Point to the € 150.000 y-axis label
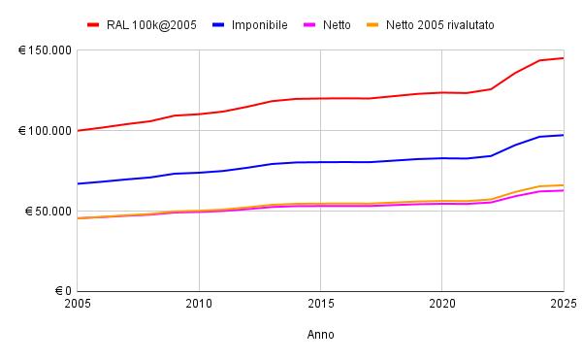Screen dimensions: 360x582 45,50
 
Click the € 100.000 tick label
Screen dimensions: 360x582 45,131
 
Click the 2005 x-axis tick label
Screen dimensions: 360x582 78,305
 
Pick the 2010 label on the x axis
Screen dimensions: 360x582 199,305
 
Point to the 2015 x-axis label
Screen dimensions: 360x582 320,305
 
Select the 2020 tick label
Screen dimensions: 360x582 441,305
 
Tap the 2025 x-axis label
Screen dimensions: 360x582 563,305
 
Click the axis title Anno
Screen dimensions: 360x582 320,335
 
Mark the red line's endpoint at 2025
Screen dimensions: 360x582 563,58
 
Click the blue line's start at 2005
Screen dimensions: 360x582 78,183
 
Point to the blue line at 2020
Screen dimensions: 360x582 441,158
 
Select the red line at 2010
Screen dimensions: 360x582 199,115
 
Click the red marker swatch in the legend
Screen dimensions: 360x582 93,24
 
